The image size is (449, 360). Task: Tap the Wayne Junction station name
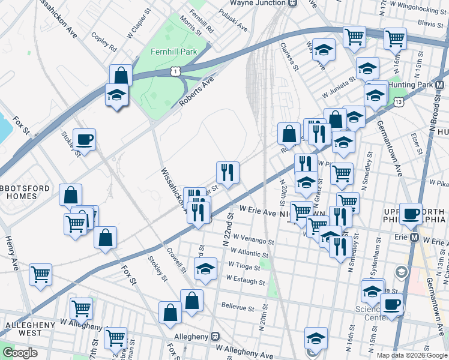[258, 3]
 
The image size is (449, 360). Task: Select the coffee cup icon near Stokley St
[84, 140]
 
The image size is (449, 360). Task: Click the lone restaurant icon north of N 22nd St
[228, 173]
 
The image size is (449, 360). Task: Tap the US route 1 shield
[174, 72]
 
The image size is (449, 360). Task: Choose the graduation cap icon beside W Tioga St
[205, 269]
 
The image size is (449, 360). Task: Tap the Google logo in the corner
[20, 352]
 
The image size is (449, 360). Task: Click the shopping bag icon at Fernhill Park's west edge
[121, 76]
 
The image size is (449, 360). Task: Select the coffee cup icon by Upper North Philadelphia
[411, 214]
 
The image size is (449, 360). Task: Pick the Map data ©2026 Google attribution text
[411, 355]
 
